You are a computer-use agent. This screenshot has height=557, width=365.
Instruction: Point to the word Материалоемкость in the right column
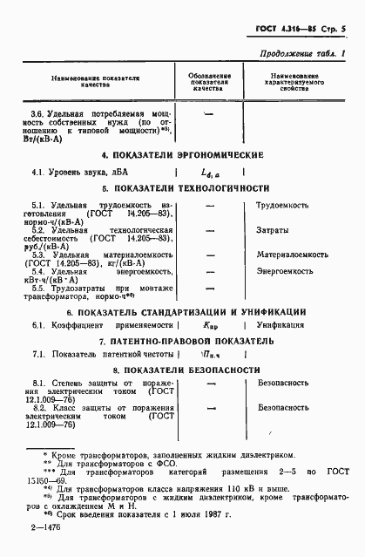[x=292, y=255]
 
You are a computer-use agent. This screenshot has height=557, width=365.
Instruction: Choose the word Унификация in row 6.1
[x=281, y=324]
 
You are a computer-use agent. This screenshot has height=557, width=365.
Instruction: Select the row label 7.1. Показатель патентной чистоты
[x=95, y=355]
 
